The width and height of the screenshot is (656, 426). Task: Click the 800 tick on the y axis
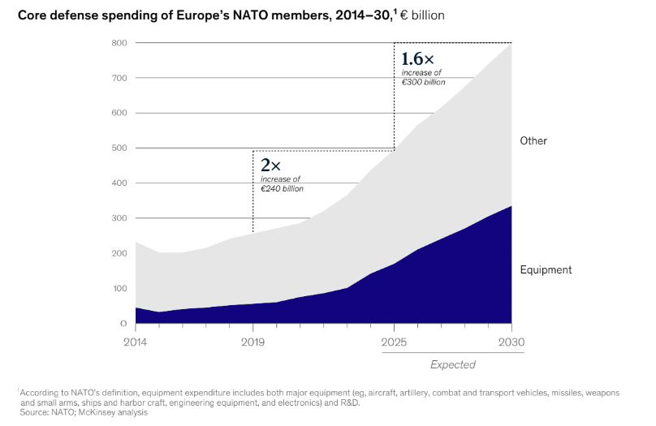point(120,43)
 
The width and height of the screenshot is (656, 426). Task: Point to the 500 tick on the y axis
point(120,148)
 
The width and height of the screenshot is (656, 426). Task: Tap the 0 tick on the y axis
point(123,324)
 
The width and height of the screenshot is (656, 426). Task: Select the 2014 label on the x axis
point(135,341)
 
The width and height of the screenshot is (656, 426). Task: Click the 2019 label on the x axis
point(253,341)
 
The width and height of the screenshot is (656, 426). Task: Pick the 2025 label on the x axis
point(394,341)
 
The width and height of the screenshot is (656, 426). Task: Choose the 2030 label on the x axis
point(511,341)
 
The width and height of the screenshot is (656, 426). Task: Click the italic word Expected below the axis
point(452,365)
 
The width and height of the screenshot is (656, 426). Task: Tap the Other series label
point(533,141)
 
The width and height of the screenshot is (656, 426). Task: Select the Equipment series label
point(546,270)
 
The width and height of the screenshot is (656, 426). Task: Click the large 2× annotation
point(270,165)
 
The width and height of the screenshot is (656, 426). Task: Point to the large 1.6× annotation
point(418,59)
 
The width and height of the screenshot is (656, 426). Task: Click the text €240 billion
point(282,188)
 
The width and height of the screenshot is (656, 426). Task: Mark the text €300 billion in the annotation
point(423,82)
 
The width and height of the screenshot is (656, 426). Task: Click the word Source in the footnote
point(35,413)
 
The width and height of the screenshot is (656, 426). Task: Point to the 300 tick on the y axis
point(120,218)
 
